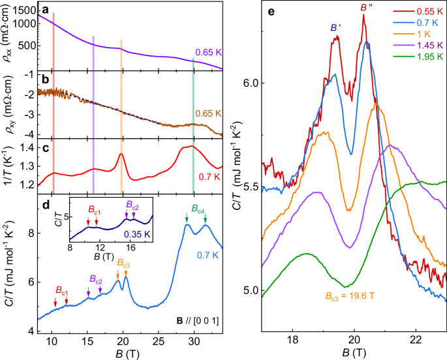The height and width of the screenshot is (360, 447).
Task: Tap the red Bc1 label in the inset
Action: click(92, 211)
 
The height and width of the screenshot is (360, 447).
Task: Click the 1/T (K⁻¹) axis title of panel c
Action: click(9, 168)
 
